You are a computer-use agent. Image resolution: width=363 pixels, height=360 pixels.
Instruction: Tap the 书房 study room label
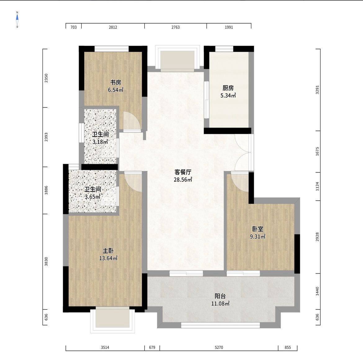tap(115, 82)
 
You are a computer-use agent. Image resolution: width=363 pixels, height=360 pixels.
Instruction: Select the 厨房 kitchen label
tap(228, 88)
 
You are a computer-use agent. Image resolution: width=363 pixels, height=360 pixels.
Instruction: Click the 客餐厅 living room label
tap(183, 172)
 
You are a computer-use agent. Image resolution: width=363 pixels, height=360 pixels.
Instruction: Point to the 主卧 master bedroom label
tap(108, 251)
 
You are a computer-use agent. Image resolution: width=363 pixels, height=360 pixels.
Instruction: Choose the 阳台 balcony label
tap(220, 296)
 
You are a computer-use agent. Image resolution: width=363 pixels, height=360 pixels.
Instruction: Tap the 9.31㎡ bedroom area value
tap(258, 237)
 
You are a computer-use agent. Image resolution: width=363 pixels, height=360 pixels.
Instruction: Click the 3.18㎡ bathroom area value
tap(100, 142)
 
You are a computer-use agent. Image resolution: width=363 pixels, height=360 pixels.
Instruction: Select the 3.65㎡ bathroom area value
tap(92, 197)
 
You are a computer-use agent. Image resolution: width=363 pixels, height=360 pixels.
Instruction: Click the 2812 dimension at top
tap(113, 27)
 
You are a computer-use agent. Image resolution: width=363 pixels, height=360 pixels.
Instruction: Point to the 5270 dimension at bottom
tap(219, 347)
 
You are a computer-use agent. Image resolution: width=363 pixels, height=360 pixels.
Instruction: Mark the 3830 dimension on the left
tap(46, 261)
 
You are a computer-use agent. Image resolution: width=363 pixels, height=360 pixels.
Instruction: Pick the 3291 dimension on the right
tap(317, 90)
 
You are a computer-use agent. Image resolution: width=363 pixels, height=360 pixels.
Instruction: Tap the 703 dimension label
tap(74, 27)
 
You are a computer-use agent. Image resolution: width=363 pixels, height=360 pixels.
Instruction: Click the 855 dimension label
tap(288, 347)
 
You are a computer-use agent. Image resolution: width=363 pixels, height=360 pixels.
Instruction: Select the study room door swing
tap(132, 122)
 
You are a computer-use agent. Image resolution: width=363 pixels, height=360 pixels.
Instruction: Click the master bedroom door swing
tap(133, 182)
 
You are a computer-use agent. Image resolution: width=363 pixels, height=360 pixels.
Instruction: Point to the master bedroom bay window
tap(113, 320)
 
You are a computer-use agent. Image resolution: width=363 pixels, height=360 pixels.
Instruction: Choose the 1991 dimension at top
tap(229, 27)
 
